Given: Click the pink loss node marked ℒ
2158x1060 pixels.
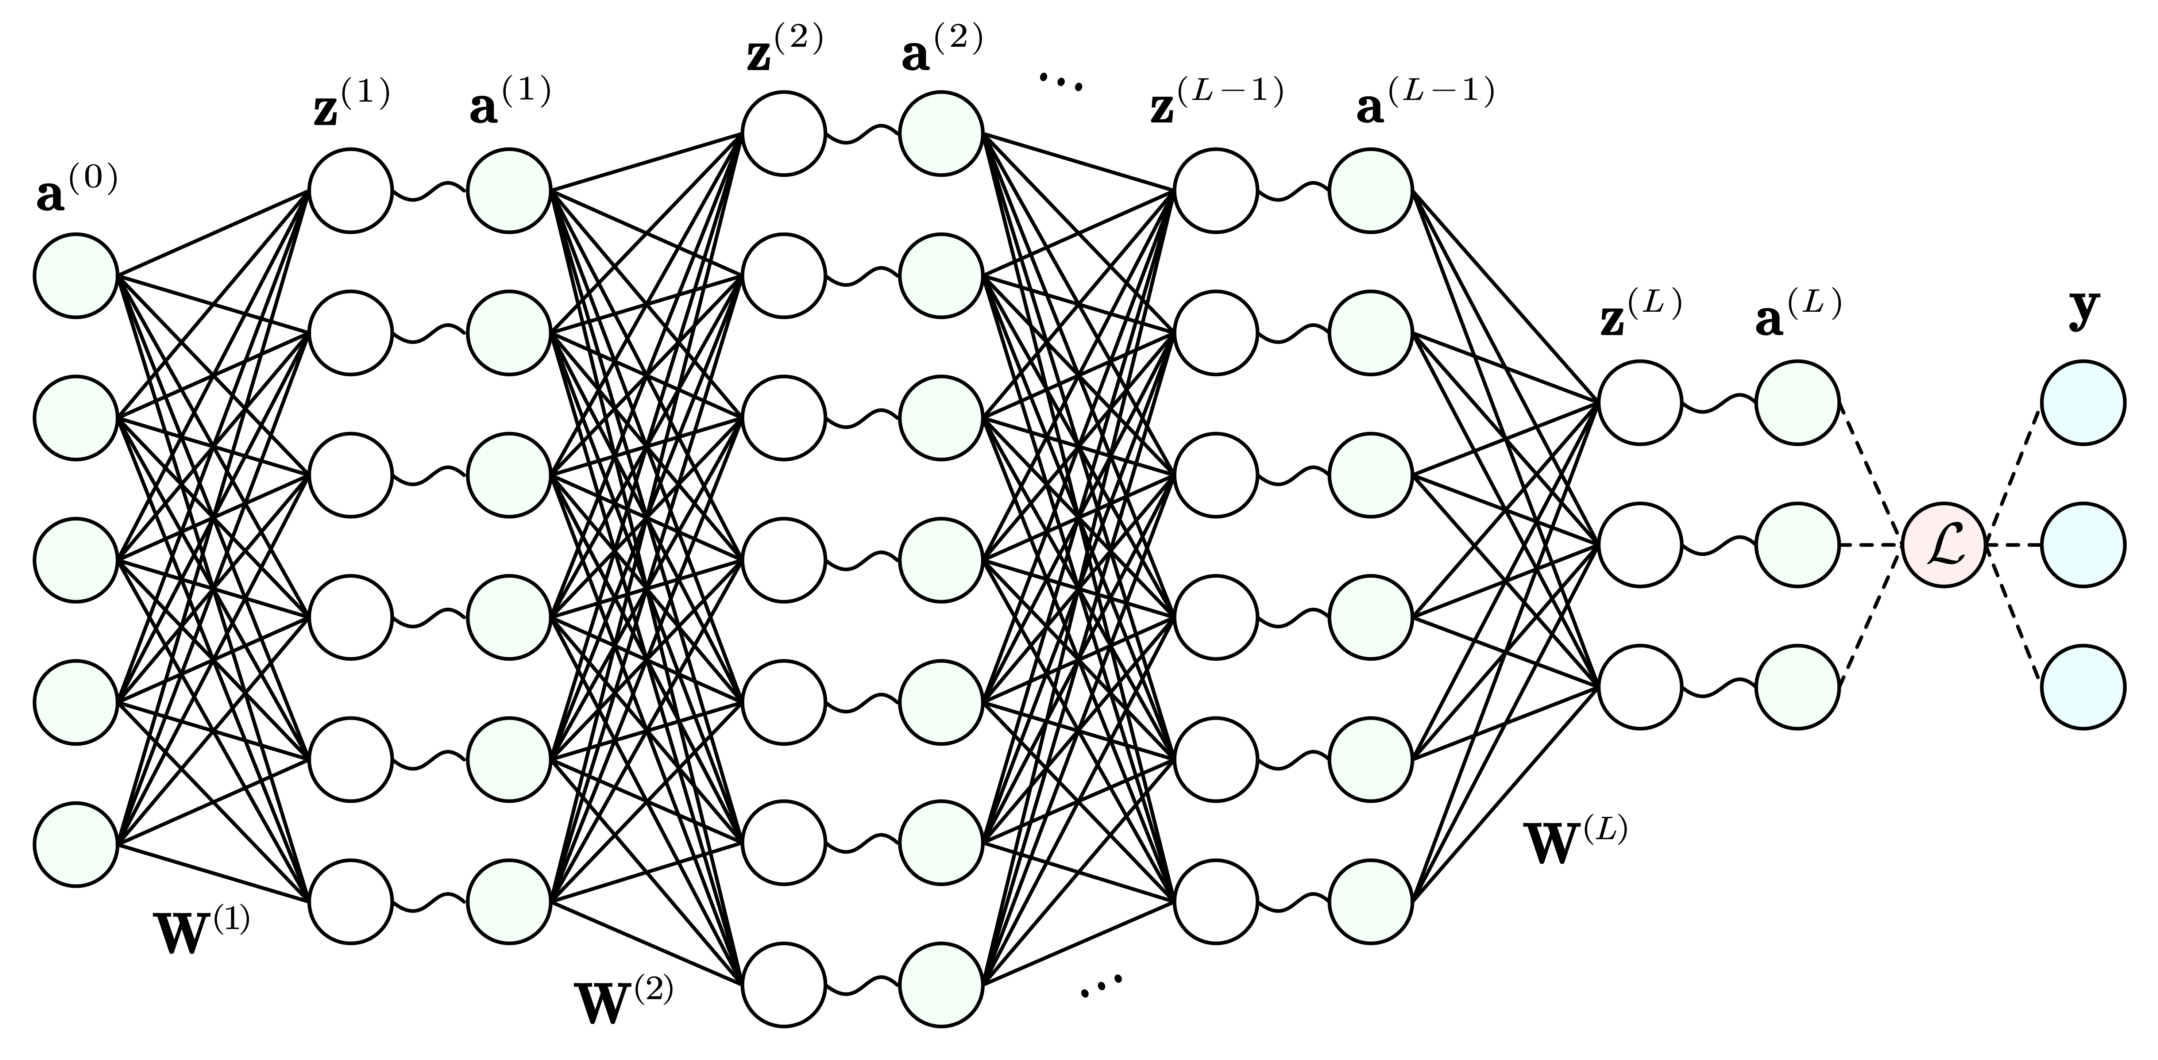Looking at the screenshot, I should click(x=1943, y=545).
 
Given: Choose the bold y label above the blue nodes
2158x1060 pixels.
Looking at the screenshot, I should click(x=2084, y=310).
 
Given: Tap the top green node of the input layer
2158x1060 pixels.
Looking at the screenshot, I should click(x=76, y=276).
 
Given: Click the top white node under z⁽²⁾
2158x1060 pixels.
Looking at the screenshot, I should click(x=783, y=134).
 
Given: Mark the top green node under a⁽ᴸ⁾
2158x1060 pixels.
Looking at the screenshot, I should click(x=1798, y=403).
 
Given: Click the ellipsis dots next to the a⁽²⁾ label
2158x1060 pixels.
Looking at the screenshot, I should click(x=1061, y=81).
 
